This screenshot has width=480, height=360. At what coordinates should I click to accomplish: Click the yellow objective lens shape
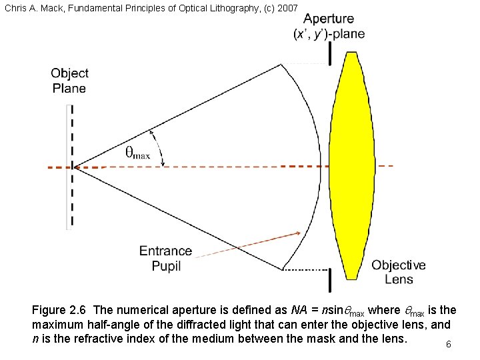coord(349,165)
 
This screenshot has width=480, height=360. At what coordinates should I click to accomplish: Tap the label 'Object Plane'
coord(69,80)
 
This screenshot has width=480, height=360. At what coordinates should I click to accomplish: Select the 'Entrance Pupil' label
coord(165,258)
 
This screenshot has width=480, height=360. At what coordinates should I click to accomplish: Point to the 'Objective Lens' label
coord(399,272)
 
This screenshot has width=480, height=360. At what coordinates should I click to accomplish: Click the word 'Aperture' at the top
coord(329,19)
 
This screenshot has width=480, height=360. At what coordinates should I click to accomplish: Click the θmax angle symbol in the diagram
coord(137,153)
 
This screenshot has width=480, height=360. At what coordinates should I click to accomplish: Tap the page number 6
coord(449,344)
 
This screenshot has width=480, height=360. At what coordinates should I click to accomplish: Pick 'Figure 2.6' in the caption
coord(60,310)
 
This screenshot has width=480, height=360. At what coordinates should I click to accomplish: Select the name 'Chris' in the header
coord(15,6)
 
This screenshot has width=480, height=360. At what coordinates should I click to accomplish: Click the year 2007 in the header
coord(287,6)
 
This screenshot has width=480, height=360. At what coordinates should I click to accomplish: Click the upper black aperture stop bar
coord(329,53)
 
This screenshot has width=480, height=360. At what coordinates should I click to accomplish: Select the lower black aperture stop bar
coord(329,280)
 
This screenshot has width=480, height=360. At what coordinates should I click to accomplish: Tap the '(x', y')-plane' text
coord(329,35)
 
